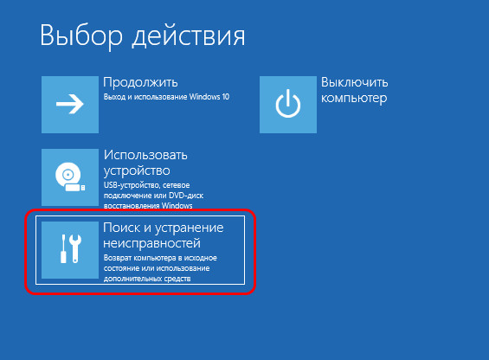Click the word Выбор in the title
(x=81, y=36)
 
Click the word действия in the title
(x=189, y=36)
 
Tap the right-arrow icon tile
(x=70, y=105)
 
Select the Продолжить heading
(x=140, y=83)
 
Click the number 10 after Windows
(x=226, y=97)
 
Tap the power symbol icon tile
(x=288, y=105)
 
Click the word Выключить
(x=355, y=82)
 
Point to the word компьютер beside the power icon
(x=354, y=98)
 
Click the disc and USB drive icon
(x=70, y=177)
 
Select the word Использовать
(x=145, y=155)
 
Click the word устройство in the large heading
(x=137, y=170)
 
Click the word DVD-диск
(x=186, y=196)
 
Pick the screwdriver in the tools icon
(x=63, y=248)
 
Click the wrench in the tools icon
(x=75, y=248)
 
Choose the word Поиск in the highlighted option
(x=122, y=228)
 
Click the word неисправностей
(x=151, y=243)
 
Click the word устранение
(x=190, y=228)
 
